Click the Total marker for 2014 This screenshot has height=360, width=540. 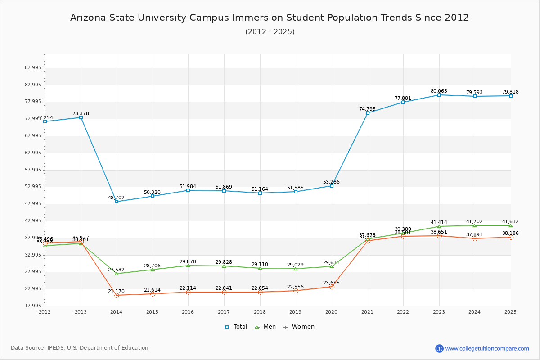[x=117, y=202]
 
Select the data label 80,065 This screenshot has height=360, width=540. [x=439, y=91]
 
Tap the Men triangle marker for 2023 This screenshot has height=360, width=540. [x=439, y=226]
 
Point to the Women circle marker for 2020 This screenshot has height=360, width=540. [x=332, y=287]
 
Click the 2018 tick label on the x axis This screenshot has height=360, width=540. [x=260, y=312]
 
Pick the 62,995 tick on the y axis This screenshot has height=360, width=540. [x=32, y=153]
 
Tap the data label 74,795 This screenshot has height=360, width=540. [x=367, y=109]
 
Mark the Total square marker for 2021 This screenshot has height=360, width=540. [x=368, y=113]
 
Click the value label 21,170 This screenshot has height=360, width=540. [x=116, y=291]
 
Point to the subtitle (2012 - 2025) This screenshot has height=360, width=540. [x=270, y=31]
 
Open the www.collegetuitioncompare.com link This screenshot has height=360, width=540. [x=487, y=348]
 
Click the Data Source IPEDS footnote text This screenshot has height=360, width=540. [x=80, y=348]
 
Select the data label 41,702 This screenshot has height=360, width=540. [x=474, y=221]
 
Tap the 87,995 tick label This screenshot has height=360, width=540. [x=32, y=68]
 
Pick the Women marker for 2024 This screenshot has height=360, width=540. [x=475, y=238]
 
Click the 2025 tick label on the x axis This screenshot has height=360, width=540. [x=510, y=312]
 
